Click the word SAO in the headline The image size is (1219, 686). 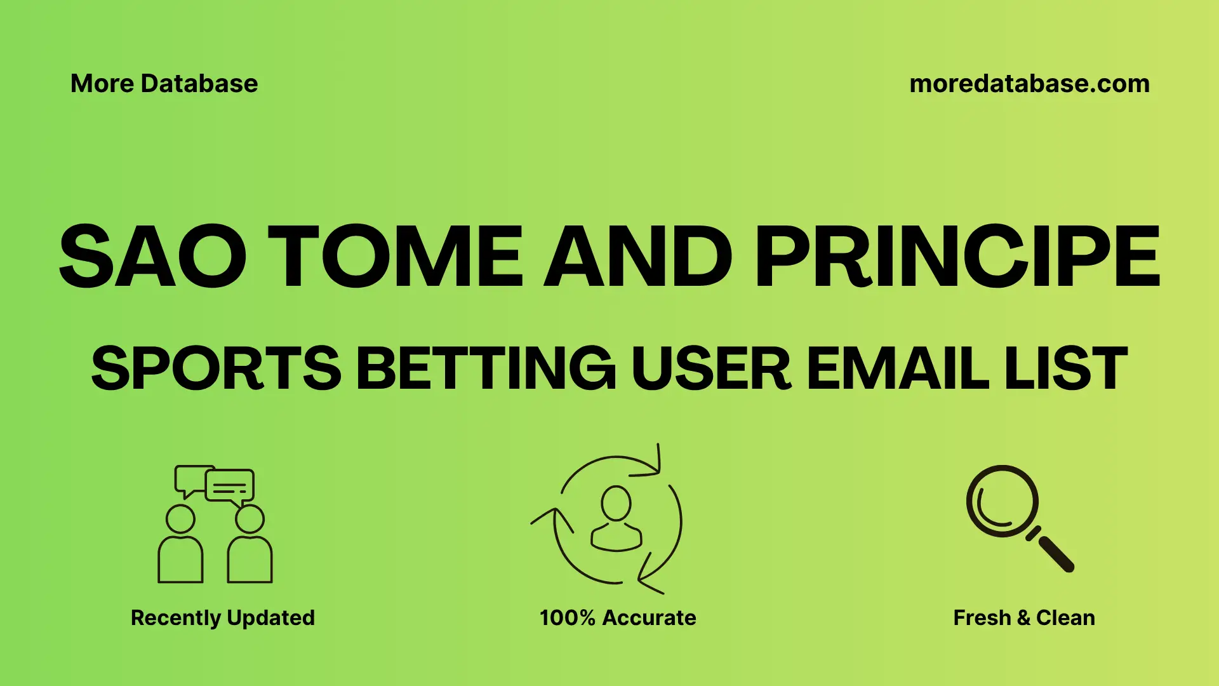click(x=152, y=257)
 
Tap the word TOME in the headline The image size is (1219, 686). click(x=395, y=257)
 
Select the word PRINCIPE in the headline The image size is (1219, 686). click(x=957, y=257)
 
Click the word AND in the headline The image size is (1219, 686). click(x=638, y=257)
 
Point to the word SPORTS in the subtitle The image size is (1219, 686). click(x=216, y=368)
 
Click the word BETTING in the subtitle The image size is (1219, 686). click(x=486, y=368)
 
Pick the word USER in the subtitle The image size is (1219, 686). click(x=711, y=368)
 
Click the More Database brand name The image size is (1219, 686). click(x=164, y=84)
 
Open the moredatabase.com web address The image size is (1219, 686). click(x=1029, y=84)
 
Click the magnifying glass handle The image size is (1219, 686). click(x=1055, y=553)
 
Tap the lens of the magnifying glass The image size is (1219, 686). click(x=1002, y=502)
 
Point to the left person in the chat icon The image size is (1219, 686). click(x=180, y=546)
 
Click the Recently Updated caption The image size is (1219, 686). click(x=222, y=617)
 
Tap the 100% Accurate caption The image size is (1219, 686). click(x=617, y=617)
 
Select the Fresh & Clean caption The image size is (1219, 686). click(x=1023, y=617)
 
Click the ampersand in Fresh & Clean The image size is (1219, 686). click(x=1023, y=618)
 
